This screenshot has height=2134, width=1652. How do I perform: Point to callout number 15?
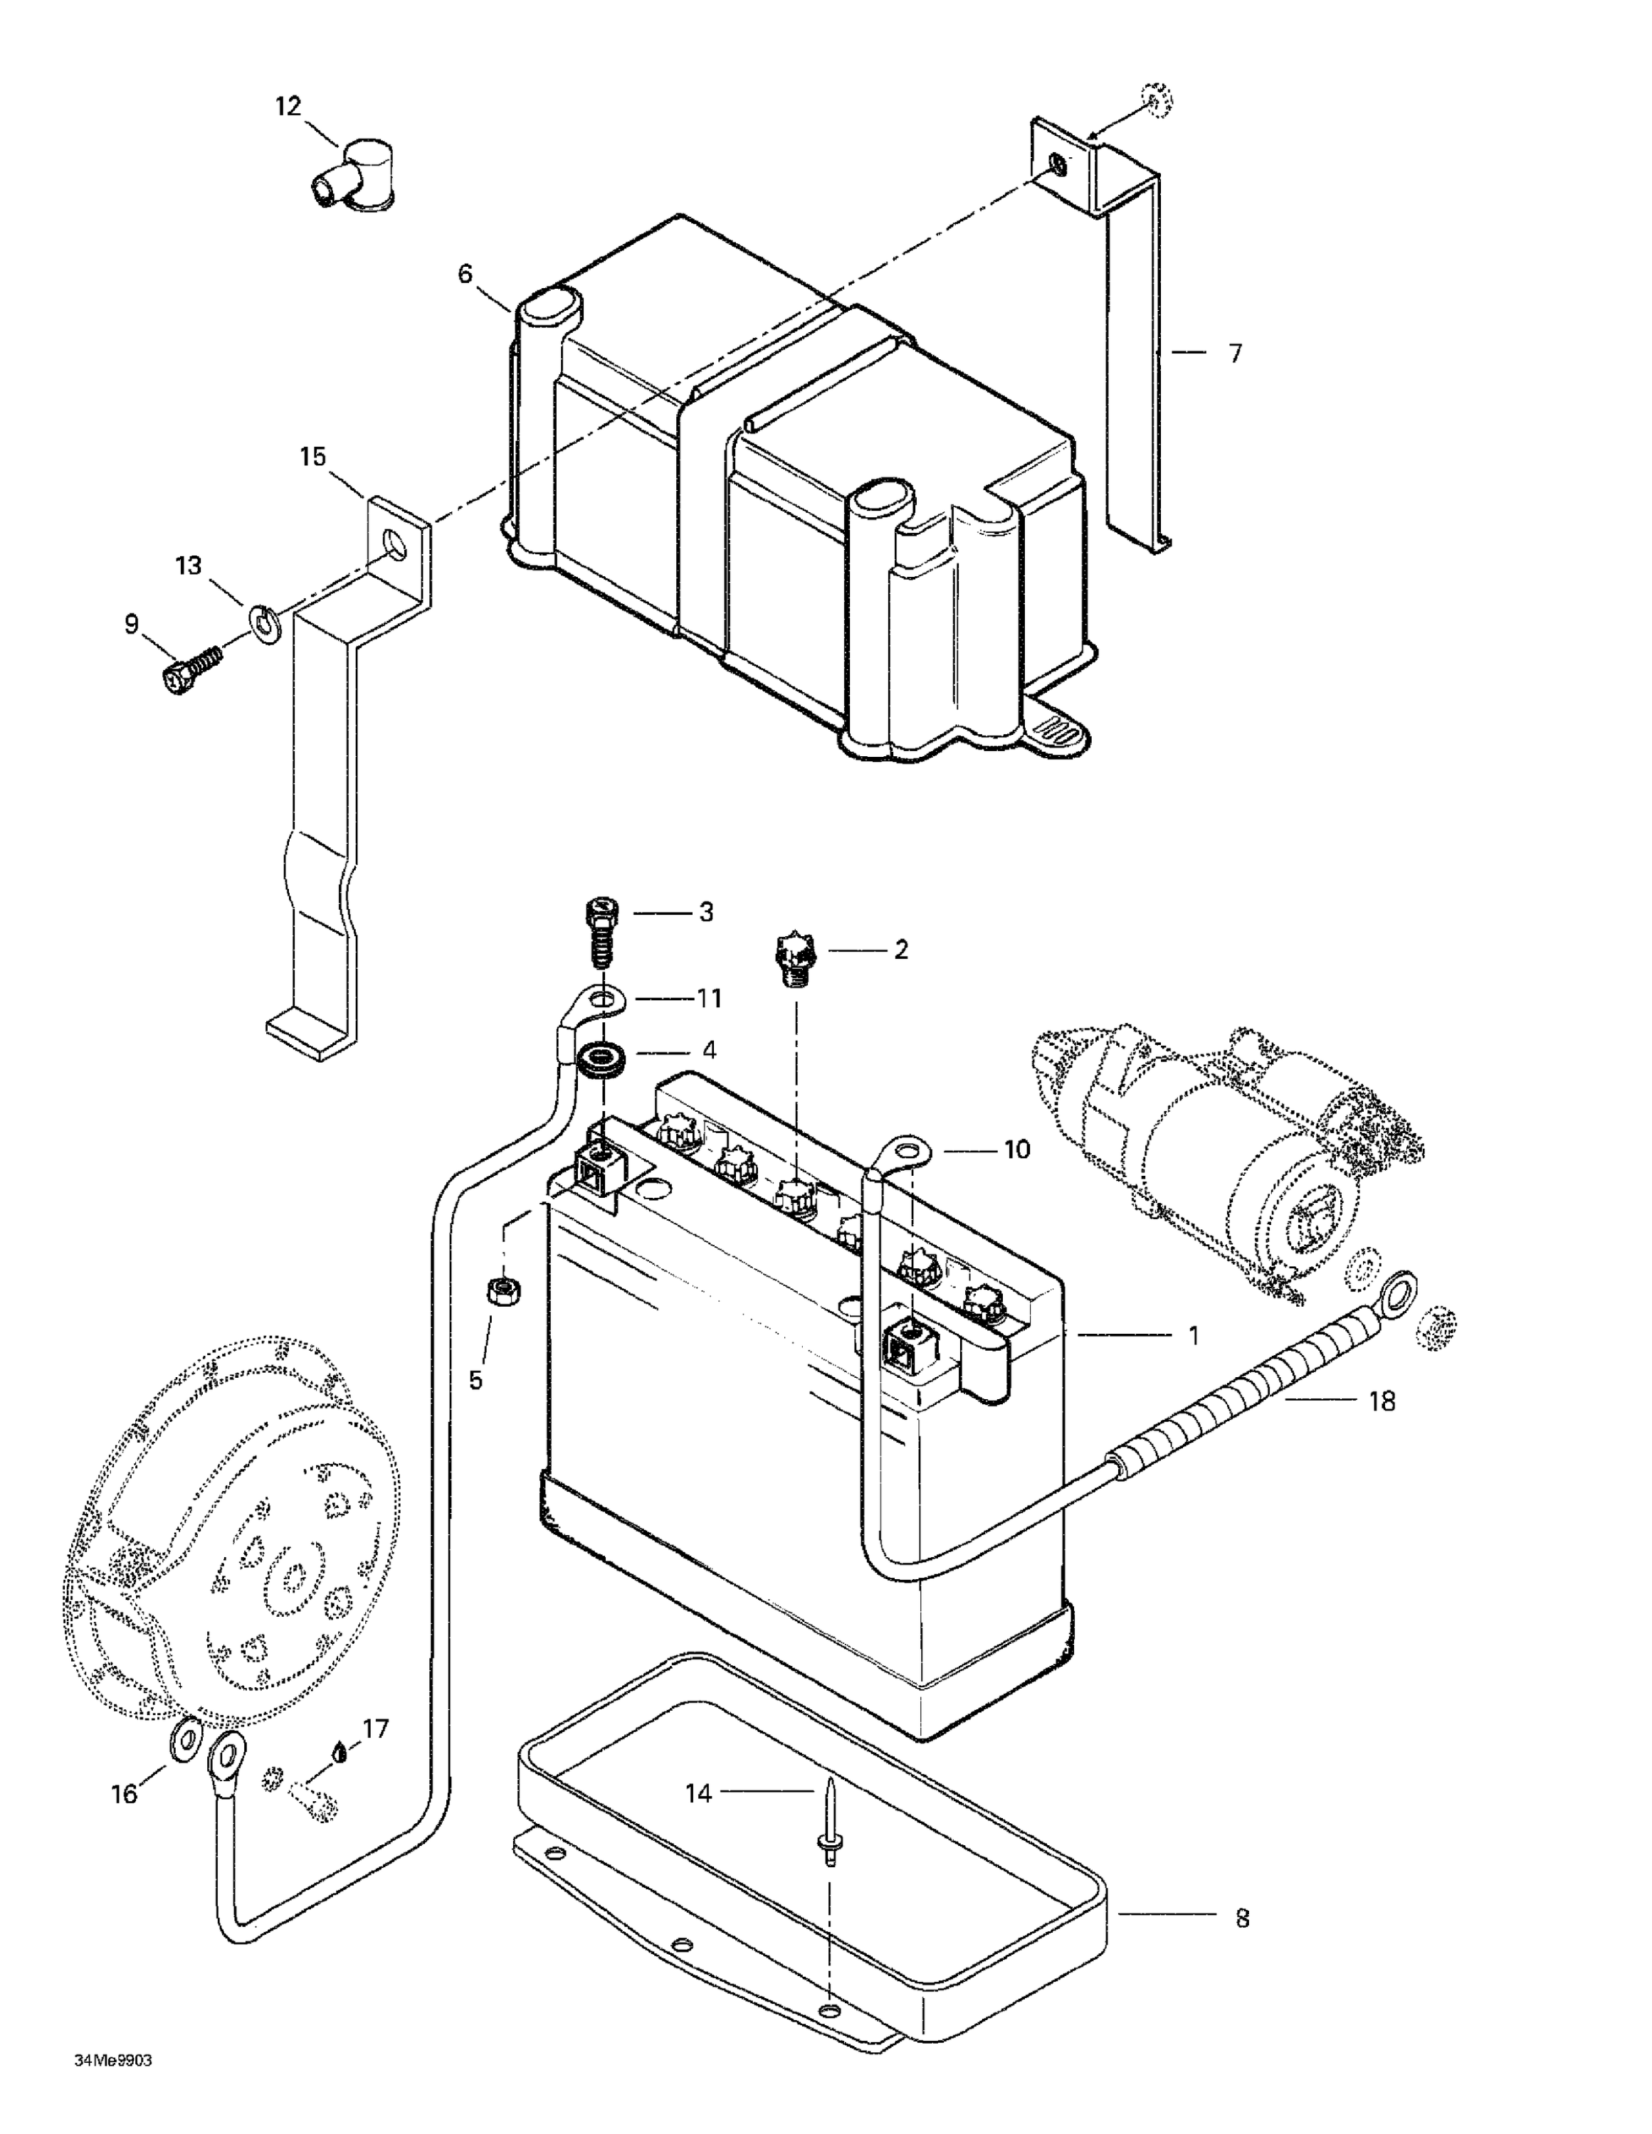pos(312,457)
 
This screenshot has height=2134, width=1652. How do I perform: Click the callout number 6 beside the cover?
pos(465,274)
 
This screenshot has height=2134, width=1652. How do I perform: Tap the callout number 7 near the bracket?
pos(1236,354)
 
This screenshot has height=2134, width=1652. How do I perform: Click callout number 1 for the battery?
pos(1193,1334)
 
